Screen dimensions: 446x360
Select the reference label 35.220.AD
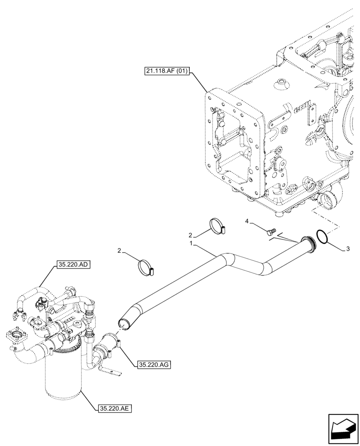(x=74, y=264)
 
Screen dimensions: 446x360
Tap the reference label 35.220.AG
(x=152, y=364)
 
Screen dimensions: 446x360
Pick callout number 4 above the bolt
(x=246, y=221)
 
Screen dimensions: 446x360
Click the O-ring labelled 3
(x=322, y=237)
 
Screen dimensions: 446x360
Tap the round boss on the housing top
(x=281, y=83)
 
